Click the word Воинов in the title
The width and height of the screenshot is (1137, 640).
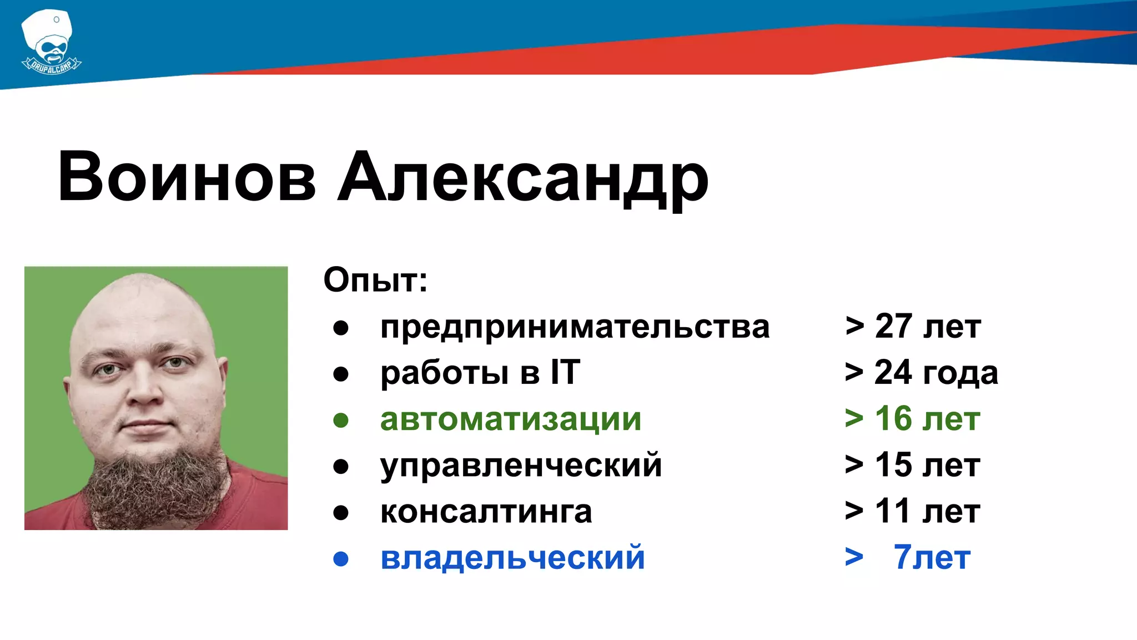click(187, 177)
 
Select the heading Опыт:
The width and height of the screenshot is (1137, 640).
click(375, 280)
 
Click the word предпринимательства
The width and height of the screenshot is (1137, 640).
click(575, 327)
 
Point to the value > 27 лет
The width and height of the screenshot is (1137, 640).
click(913, 327)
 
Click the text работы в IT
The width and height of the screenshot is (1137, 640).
click(480, 373)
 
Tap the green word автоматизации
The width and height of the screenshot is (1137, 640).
click(511, 419)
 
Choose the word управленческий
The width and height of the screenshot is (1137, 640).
click(521, 466)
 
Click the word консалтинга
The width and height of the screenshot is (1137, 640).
click(486, 512)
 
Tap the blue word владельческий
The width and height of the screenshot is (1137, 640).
click(512, 558)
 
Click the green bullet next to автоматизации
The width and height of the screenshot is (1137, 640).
click(340, 421)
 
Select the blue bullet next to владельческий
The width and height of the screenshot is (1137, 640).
click(340, 559)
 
